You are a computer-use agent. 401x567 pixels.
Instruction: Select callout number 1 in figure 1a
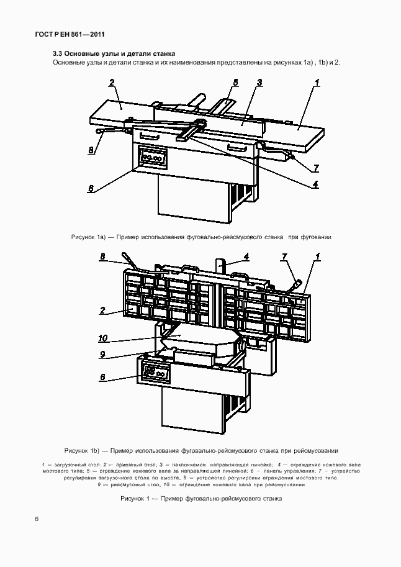[316, 83]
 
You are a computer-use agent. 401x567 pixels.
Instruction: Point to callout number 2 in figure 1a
[112, 83]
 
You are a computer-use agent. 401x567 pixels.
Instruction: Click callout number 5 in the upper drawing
[236, 82]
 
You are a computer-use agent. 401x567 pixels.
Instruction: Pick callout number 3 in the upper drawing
[259, 83]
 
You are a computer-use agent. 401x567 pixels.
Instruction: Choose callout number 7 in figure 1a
[316, 168]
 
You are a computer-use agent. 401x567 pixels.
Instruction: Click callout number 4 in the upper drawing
[315, 184]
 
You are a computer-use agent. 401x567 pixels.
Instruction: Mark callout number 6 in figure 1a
[91, 189]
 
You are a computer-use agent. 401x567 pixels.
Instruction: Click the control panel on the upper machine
[153, 158]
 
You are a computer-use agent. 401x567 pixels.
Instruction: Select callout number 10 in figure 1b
[103, 338]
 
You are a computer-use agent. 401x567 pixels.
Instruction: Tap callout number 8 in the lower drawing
[103, 256]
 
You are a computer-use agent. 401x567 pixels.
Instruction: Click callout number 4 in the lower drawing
[246, 256]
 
